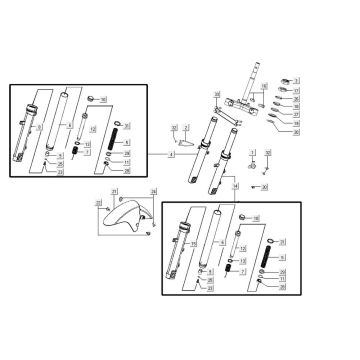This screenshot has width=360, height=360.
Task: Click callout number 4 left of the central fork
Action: (171, 156)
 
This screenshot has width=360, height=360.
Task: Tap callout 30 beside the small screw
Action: (265, 186)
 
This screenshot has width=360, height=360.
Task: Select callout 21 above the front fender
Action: (113, 190)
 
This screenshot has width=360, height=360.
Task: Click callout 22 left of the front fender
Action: (97, 203)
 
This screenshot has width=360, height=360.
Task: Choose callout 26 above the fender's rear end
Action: (152, 190)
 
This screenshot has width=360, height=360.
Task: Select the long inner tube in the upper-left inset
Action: (66, 115)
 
